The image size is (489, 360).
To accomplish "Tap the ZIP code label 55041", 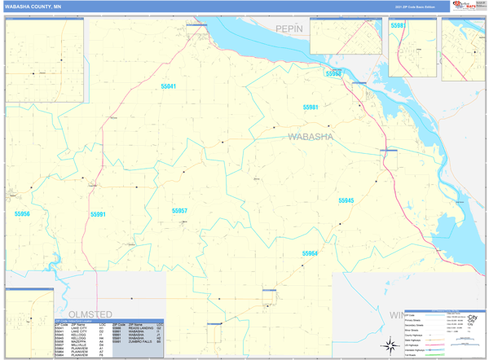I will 168,86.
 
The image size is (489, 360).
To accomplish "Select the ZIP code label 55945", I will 346,200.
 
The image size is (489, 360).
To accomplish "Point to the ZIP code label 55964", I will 310,253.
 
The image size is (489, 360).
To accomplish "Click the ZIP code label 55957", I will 179,211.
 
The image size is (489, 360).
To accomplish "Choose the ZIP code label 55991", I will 99,215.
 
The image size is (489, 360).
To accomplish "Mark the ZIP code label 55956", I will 22,214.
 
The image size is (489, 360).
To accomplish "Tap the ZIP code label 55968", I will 333,74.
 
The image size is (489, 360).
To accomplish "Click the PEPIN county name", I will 289,29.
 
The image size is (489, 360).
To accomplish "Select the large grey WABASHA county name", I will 311,137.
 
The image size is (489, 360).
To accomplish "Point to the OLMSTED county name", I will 90,314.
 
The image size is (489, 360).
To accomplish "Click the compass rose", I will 390,345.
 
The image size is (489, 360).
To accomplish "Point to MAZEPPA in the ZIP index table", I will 79,342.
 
